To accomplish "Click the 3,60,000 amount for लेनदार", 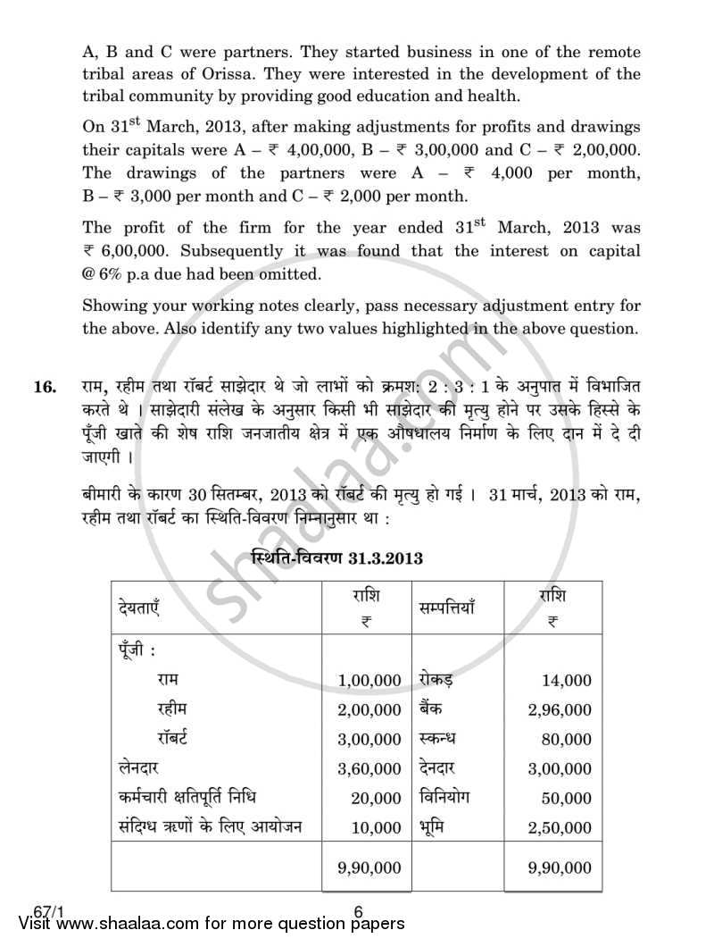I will point(369,768).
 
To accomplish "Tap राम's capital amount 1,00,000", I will point(369,681).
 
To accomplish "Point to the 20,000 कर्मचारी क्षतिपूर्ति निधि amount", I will point(377,798).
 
